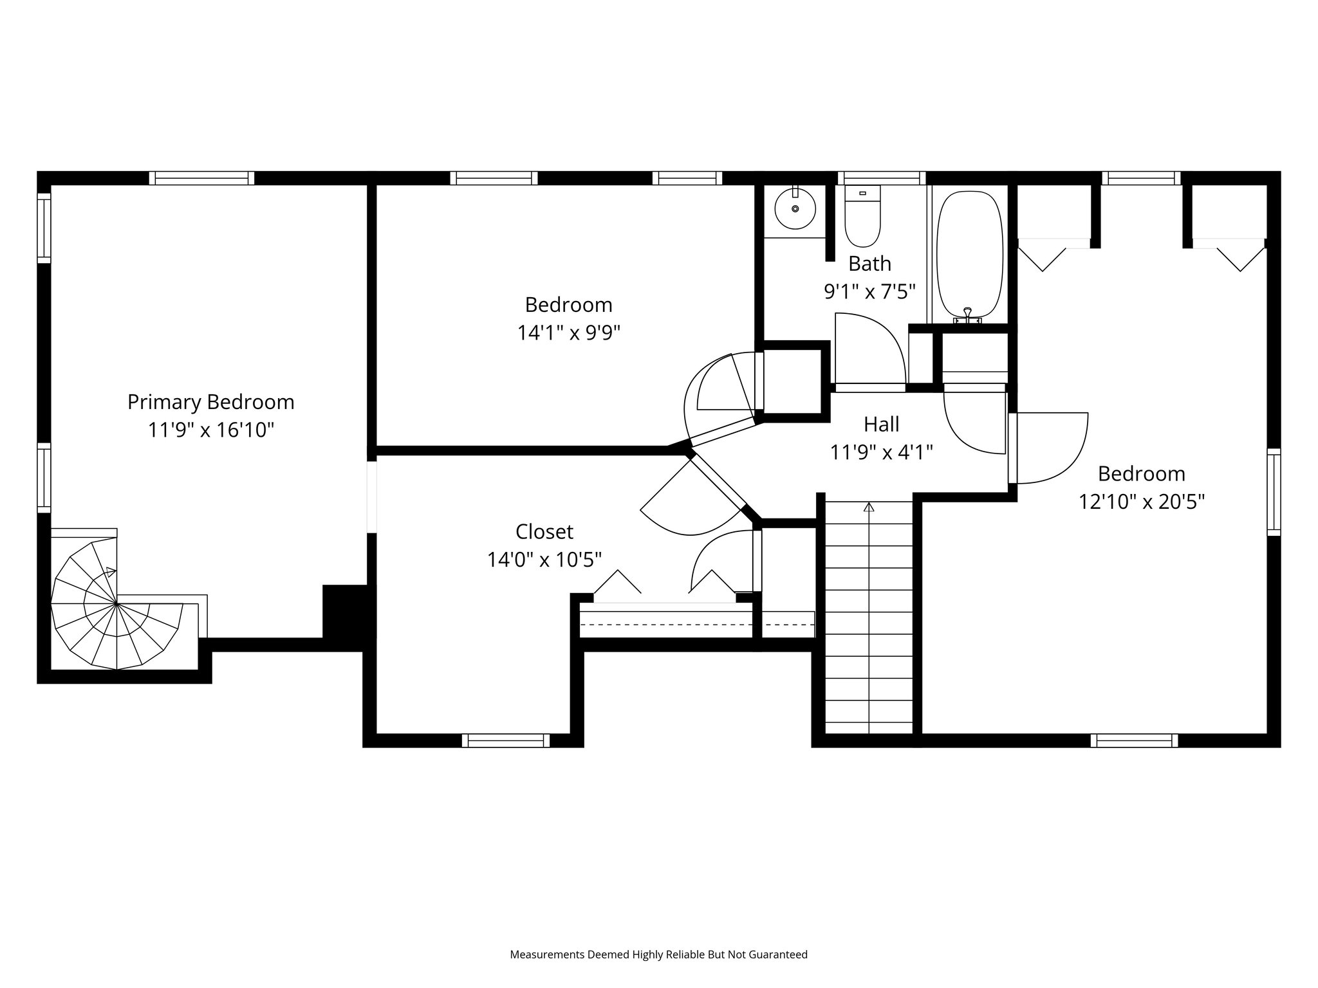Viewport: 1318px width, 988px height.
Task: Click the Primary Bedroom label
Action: [x=210, y=402]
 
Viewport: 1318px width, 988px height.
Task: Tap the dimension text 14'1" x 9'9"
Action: [x=568, y=333]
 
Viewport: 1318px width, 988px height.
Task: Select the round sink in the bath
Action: [x=795, y=208]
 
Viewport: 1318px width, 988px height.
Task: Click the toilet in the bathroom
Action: [x=862, y=219]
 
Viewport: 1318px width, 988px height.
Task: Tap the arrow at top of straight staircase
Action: [x=869, y=507]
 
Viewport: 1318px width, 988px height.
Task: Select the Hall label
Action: [x=881, y=424]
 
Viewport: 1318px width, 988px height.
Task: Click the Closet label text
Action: [x=544, y=531]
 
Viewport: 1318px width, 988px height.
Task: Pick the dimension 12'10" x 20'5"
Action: [x=1141, y=502]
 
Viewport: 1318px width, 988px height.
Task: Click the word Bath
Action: [x=869, y=264]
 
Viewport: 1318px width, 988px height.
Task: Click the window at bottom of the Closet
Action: [x=506, y=740]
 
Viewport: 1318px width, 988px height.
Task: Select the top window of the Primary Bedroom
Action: [x=201, y=178]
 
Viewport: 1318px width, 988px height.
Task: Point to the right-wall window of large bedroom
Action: [x=1274, y=492]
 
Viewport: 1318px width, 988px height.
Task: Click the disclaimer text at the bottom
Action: [x=658, y=955]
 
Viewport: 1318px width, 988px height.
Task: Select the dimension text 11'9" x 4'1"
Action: [x=881, y=452]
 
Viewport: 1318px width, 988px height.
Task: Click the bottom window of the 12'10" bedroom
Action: [x=1134, y=740]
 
